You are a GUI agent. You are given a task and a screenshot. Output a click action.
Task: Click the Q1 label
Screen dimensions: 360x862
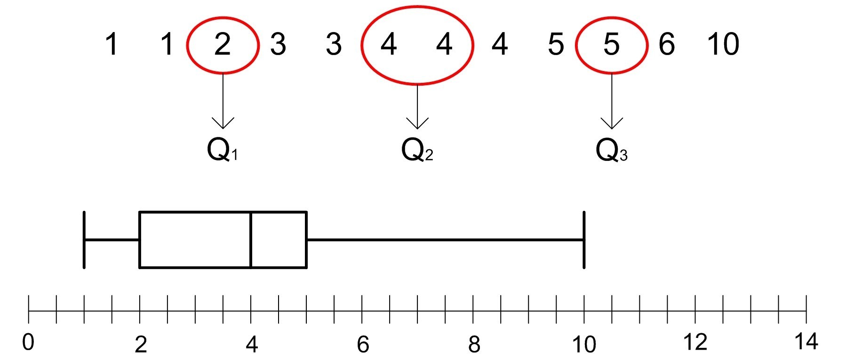(x=223, y=151)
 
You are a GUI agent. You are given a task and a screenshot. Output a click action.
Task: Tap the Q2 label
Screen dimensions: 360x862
(x=417, y=151)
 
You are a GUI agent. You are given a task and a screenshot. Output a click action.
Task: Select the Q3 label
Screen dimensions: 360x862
(x=611, y=151)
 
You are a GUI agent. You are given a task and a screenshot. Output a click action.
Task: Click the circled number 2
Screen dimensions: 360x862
(x=223, y=44)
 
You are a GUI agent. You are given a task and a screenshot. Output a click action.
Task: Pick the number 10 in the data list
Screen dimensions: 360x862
(x=723, y=44)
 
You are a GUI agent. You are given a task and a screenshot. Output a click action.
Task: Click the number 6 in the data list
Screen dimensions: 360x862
(x=667, y=44)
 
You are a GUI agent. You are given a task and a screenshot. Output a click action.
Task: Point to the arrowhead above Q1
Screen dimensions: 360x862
(x=223, y=124)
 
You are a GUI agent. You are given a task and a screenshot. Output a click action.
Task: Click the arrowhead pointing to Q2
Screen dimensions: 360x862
(x=417, y=124)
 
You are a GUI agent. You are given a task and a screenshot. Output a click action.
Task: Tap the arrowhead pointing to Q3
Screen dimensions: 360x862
(x=612, y=124)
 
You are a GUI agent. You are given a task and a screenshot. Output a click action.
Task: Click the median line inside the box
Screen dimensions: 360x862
(x=251, y=240)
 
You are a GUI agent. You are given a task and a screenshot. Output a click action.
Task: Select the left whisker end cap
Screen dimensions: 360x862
(x=84, y=240)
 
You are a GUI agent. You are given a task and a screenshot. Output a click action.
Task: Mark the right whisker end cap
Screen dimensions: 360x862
(x=584, y=240)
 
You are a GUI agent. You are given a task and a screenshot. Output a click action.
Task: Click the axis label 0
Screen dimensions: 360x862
(x=28, y=342)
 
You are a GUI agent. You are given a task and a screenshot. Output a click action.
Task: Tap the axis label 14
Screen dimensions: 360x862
(x=806, y=341)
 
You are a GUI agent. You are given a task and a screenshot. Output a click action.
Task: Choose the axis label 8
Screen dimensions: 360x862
(x=474, y=345)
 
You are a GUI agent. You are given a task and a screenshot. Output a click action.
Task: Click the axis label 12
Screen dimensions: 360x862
(x=694, y=342)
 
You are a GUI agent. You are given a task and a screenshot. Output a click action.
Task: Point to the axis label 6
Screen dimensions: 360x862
(x=363, y=345)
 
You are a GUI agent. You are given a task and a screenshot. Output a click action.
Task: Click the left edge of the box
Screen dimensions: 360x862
(x=140, y=240)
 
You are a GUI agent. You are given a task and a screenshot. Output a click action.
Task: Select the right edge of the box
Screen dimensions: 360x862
(x=306, y=240)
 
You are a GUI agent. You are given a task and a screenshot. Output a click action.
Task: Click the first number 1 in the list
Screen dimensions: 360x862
(x=111, y=44)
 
